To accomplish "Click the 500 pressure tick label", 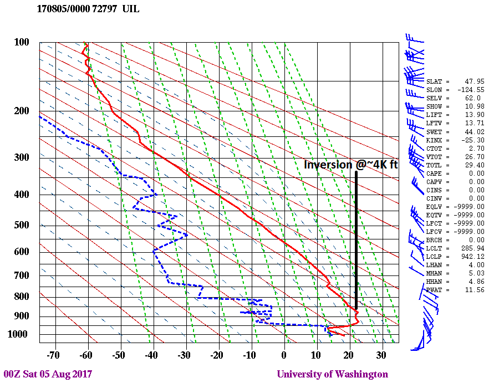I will [x=21, y=225].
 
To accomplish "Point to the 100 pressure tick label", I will [x=21, y=42].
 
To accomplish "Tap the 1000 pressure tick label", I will [x=19, y=334].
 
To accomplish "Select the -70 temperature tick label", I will [x=54, y=355].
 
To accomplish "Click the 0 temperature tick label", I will [x=284, y=355].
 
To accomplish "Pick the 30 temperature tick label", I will [x=381, y=355].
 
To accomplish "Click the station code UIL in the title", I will [x=132, y=9].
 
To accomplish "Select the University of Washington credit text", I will [x=333, y=374].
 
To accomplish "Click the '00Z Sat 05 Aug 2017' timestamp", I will [x=48, y=374].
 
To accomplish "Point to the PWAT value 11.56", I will [x=474, y=290].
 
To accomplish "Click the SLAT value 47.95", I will [x=474, y=81].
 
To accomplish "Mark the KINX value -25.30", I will [x=472, y=140].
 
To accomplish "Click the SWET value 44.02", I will [x=474, y=131].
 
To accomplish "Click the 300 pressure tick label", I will [x=21, y=157].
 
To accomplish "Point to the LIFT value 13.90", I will [x=474, y=115].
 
